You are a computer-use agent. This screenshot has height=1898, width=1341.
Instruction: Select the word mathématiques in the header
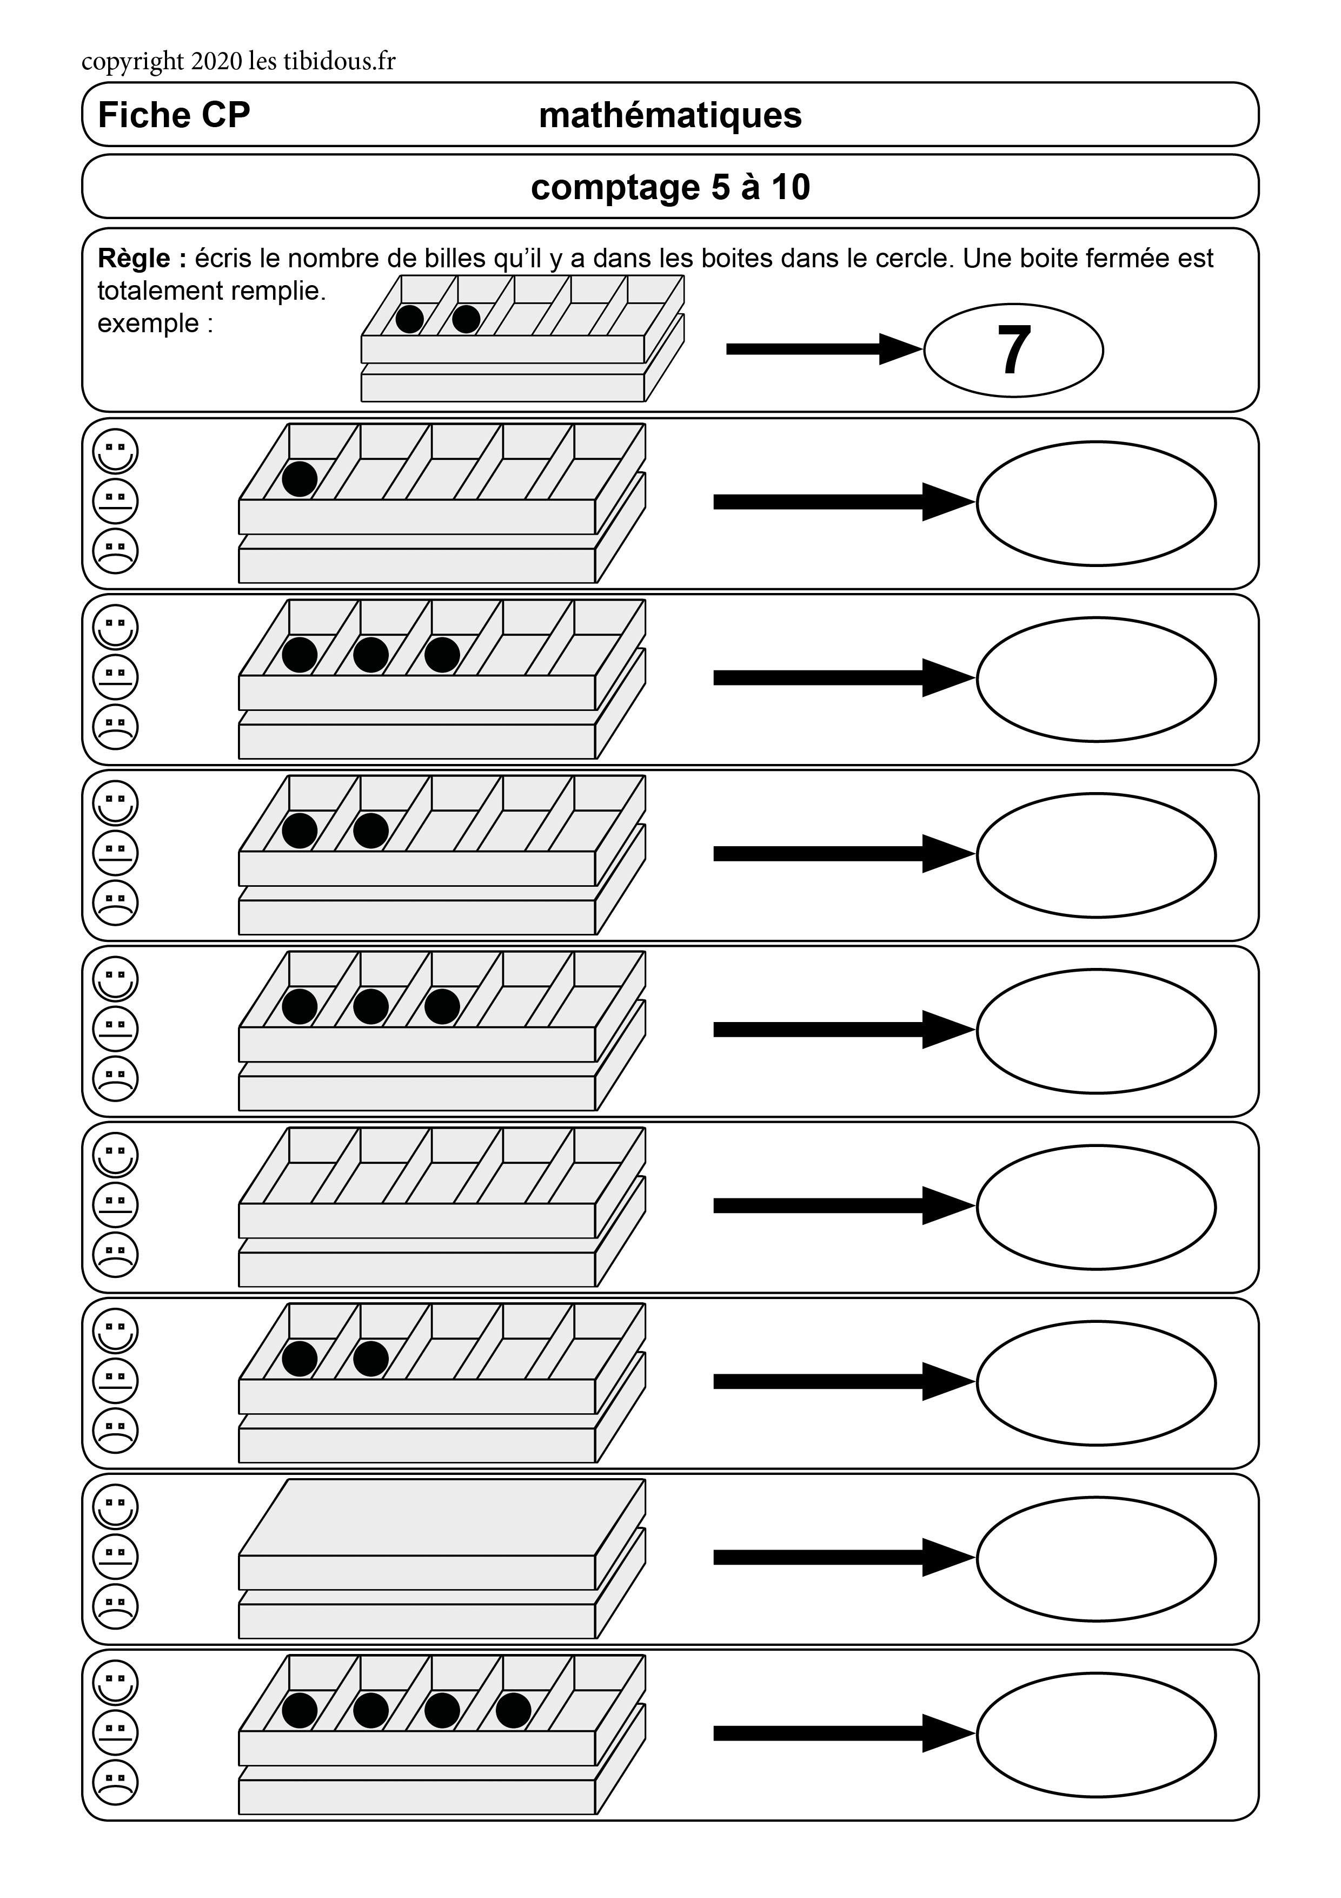(669, 115)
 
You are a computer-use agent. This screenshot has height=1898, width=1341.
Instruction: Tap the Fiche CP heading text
(174, 115)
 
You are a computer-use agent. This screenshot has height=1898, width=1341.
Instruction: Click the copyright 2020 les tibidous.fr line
(238, 61)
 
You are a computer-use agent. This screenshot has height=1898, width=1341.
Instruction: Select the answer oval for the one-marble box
(1096, 503)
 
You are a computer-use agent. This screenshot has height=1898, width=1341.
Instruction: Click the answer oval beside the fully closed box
(1096, 1558)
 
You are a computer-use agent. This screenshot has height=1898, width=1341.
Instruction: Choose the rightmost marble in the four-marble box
(513, 1710)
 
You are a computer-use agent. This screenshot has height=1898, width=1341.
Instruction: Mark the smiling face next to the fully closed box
(116, 1507)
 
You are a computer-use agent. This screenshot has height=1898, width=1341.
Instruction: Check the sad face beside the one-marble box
(116, 551)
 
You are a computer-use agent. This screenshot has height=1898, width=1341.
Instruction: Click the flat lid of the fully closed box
(442, 1517)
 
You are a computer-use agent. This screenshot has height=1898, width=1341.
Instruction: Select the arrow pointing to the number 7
(822, 349)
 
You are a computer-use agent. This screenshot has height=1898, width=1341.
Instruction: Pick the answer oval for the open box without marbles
(1096, 1207)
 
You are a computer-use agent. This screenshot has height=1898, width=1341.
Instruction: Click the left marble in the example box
(410, 319)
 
